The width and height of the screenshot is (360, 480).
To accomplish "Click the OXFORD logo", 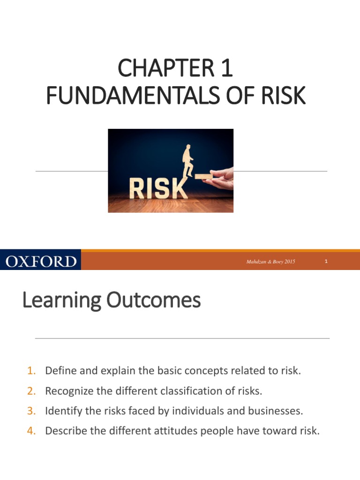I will point(41,261).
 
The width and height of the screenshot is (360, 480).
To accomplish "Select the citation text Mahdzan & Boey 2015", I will point(270,262).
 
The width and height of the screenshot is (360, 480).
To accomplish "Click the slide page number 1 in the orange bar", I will point(326,262).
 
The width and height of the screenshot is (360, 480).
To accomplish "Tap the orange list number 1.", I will point(31,371).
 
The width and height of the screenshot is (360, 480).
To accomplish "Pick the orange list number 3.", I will point(31,411).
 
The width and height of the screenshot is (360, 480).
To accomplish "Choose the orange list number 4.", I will point(31,431).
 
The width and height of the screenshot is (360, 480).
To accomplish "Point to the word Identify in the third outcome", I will point(61,411).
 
